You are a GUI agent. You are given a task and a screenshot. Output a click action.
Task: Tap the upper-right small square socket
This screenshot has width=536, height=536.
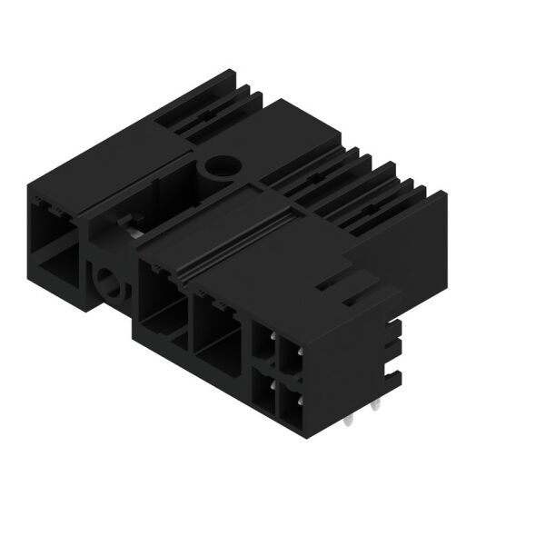(290, 356)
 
